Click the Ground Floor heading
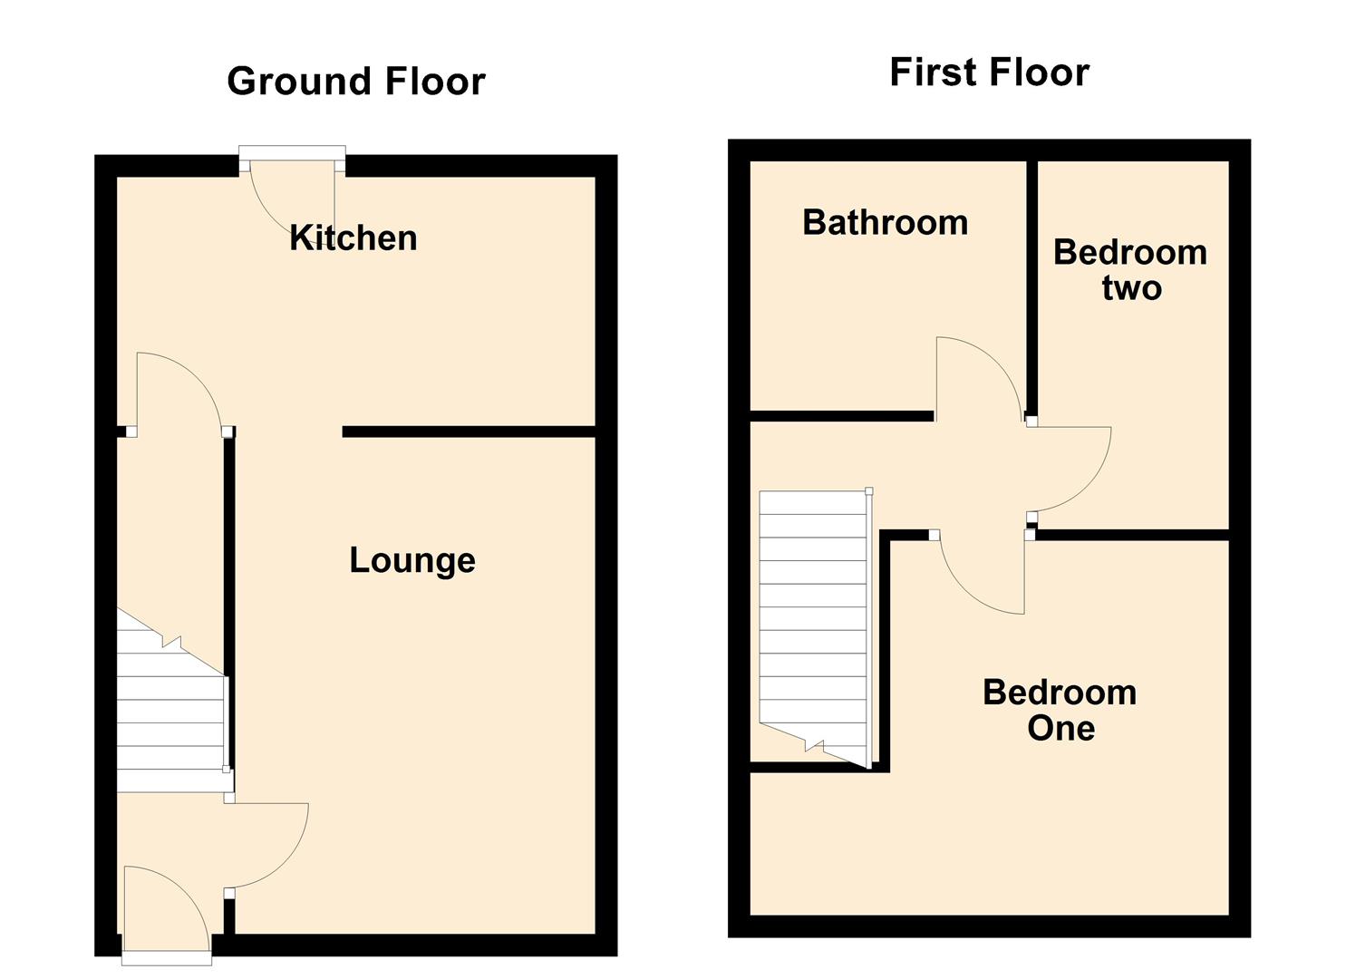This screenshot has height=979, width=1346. click(355, 82)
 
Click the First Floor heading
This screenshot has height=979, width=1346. click(989, 73)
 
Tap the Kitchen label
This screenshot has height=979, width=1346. click(353, 237)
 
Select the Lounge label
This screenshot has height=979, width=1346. click(412, 560)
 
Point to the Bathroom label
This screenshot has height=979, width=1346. click(885, 223)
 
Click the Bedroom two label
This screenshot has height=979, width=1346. click(1130, 269)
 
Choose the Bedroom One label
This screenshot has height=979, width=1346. click(1060, 710)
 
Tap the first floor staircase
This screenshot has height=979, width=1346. click(813, 616)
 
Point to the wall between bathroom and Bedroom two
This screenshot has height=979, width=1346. click(1031, 272)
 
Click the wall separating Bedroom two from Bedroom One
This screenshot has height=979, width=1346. click(1133, 535)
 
